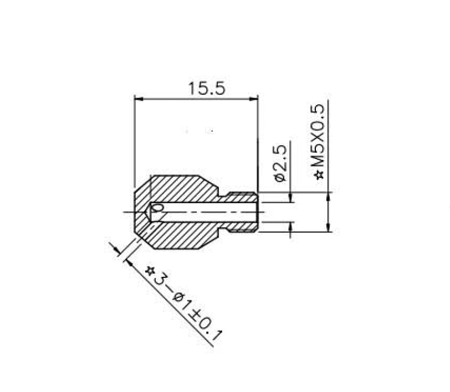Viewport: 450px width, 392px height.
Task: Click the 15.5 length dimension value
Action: coord(206,89)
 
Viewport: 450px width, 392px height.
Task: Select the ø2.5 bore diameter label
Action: coord(280,163)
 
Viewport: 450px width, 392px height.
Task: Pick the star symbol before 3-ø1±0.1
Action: coord(149,271)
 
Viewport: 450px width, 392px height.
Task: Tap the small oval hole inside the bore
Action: coord(158,208)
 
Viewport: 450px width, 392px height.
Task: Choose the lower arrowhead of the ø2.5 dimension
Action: coord(290,225)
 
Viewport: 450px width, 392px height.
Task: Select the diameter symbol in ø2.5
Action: coord(280,177)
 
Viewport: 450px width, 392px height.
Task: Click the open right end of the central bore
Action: coord(257,212)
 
